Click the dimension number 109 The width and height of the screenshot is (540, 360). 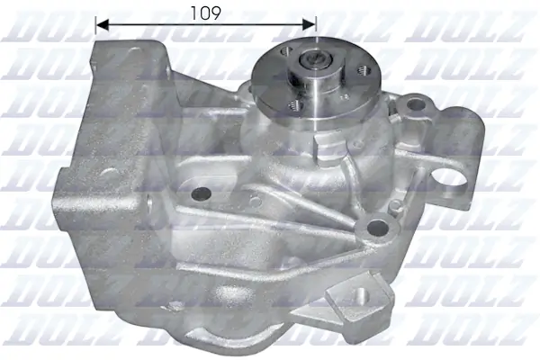pyautogui.click(x=205, y=13)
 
